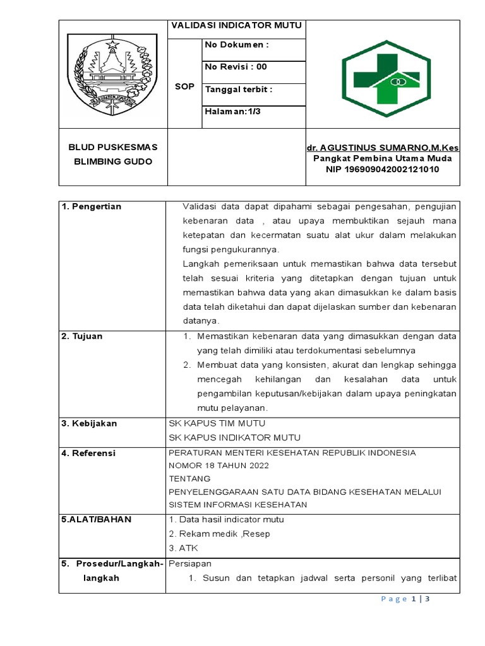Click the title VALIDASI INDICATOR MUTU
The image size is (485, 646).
click(x=235, y=26)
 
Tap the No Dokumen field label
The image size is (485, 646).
click(x=236, y=45)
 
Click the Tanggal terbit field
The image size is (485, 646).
click(x=239, y=89)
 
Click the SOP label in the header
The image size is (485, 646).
click(x=184, y=86)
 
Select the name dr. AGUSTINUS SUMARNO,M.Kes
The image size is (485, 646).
click(x=383, y=147)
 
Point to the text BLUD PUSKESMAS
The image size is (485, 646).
click(x=113, y=147)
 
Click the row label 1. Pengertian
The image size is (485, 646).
click(x=92, y=206)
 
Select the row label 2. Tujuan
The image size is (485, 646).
click(x=82, y=336)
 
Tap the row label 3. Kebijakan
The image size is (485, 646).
click(x=89, y=423)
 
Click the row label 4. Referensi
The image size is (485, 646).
click(x=88, y=453)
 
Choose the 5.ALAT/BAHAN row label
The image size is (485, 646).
click(x=96, y=519)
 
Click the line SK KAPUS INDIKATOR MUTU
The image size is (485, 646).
click(x=234, y=437)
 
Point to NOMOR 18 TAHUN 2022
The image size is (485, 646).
click(x=219, y=466)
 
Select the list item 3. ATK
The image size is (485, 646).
click(x=184, y=548)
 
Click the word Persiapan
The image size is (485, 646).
click(x=190, y=563)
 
